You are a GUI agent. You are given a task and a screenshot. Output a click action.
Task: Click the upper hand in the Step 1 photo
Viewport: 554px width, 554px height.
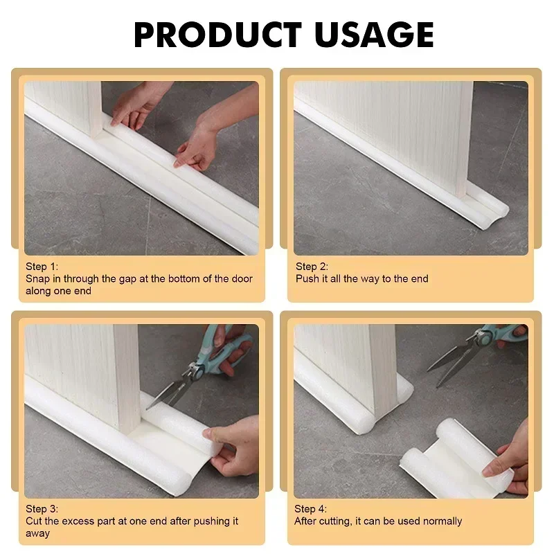(x=138, y=104)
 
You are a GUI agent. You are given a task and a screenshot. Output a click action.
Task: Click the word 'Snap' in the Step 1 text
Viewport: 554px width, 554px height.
(x=38, y=279)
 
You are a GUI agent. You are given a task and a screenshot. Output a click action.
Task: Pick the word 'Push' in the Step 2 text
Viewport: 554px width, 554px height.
(x=307, y=279)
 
